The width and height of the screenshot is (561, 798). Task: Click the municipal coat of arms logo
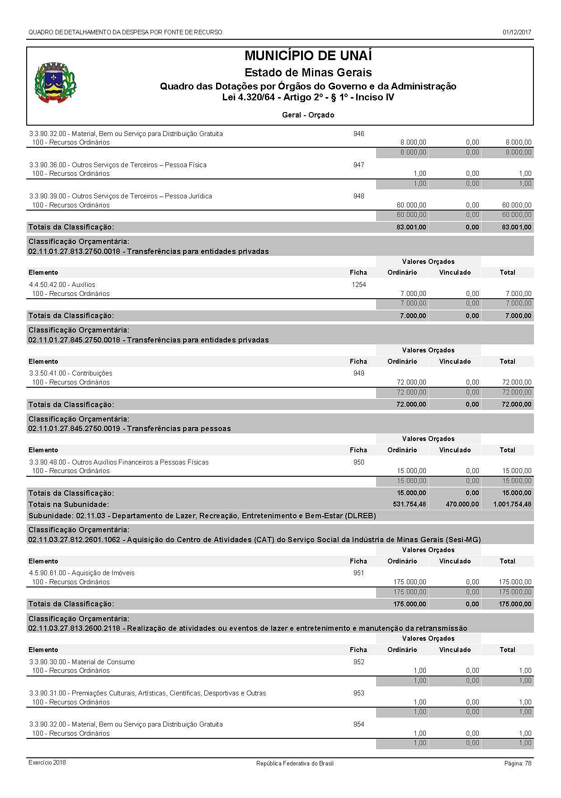(x=56, y=83)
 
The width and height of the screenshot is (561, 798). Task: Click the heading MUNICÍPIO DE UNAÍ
(x=308, y=56)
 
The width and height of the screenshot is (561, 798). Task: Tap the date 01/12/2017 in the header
(x=516, y=32)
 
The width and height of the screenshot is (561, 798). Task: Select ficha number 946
(x=358, y=134)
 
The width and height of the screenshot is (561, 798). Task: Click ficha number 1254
(x=358, y=285)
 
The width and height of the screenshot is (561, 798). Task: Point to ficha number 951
(x=358, y=573)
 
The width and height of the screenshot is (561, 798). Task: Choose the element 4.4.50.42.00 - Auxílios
(x=62, y=285)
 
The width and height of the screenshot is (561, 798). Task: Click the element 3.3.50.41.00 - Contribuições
(x=71, y=373)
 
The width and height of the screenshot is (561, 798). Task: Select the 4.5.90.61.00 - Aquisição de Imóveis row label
(x=82, y=573)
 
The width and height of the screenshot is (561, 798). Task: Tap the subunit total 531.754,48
(x=410, y=504)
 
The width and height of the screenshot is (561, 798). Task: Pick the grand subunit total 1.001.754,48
(x=512, y=504)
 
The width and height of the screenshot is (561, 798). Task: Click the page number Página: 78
(x=518, y=763)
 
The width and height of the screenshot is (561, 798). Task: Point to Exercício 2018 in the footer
(x=47, y=763)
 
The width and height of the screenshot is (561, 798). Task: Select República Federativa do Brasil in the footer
(x=295, y=763)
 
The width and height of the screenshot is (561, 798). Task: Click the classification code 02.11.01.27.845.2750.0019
(x=74, y=429)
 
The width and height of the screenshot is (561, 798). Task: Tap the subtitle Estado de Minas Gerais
(x=308, y=72)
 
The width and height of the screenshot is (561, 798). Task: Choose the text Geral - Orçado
(x=308, y=115)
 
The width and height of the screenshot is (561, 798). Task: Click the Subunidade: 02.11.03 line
(x=202, y=516)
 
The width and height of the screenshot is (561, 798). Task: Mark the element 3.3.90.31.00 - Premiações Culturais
(x=147, y=693)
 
